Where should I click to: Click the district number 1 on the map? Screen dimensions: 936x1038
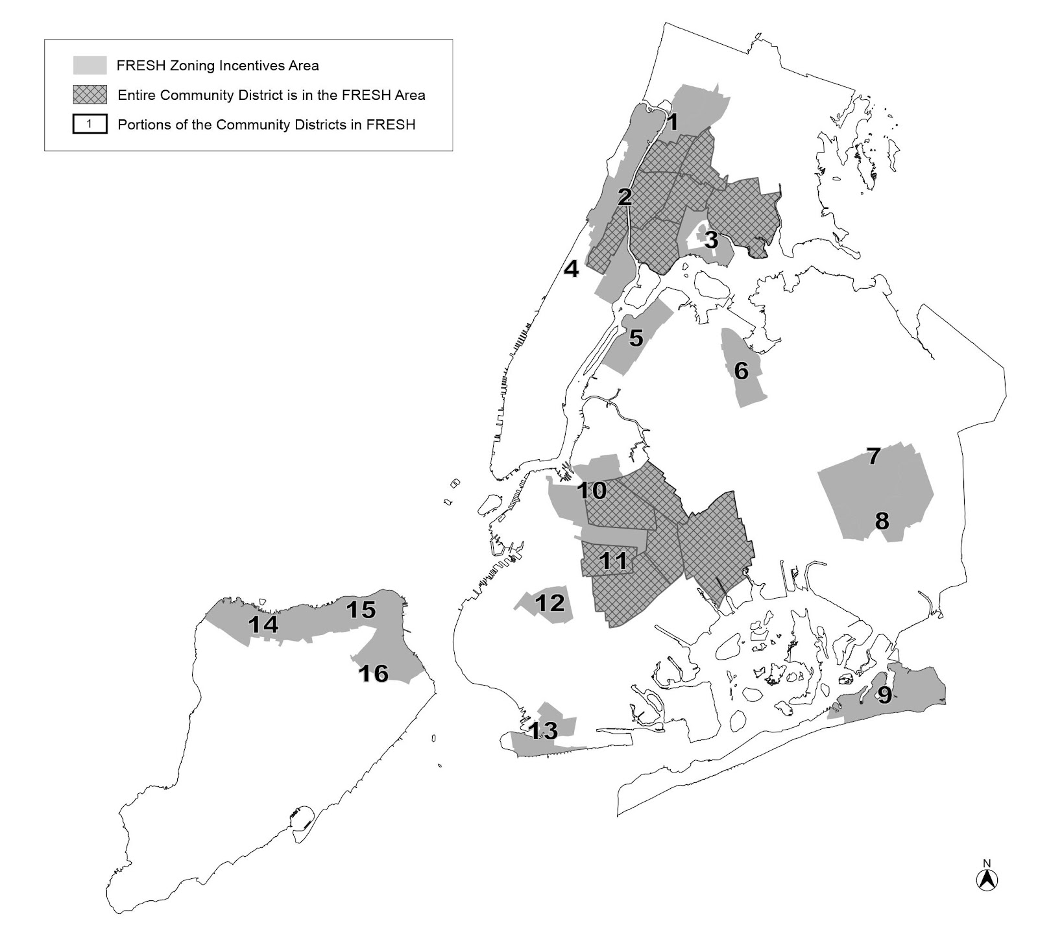tap(673, 122)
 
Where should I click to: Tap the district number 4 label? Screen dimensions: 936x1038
tap(571, 269)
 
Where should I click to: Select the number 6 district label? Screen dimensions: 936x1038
tap(741, 370)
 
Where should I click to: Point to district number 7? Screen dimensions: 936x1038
tap(874, 456)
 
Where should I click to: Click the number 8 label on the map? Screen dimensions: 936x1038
tap(882, 520)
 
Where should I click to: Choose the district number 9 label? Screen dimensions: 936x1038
tap(884, 696)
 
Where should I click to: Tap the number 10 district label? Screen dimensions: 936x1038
tap(592, 490)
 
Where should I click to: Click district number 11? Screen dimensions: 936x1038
tap(612, 560)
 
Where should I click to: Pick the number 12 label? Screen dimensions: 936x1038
tap(549, 603)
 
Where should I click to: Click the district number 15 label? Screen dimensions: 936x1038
tap(361, 610)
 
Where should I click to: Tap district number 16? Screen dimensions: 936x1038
tap(374, 673)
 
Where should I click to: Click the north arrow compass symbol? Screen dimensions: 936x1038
tap(987, 878)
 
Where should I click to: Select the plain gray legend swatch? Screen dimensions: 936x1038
tap(90, 66)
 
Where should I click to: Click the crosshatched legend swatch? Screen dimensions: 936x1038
tap(90, 95)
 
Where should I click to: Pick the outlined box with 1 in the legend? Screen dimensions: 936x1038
tap(90, 124)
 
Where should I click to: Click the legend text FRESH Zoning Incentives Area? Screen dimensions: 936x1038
tap(217, 66)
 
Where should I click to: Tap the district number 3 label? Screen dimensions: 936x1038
tap(711, 240)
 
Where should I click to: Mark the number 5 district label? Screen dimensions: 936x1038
tap(636, 338)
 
